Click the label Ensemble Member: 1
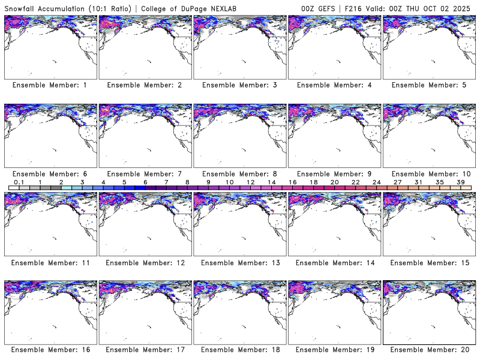[x=50, y=85]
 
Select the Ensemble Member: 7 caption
[x=145, y=174]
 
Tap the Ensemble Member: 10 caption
[x=429, y=174]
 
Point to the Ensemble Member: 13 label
[x=239, y=263]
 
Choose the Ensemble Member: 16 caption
[x=50, y=349]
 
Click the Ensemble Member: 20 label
[x=429, y=349]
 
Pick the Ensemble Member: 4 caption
[x=334, y=85]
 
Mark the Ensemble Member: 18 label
[x=239, y=349]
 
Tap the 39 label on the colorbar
[x=461, y=182]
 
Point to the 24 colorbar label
[x=377, y=182]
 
